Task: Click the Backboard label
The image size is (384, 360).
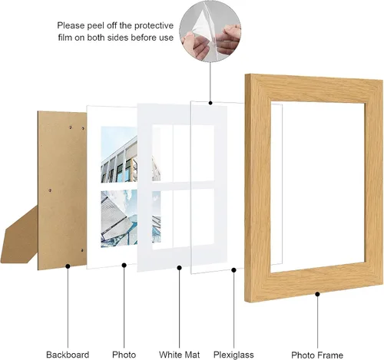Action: tap(68, 355)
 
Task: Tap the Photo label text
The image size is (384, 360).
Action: tap(124, 355)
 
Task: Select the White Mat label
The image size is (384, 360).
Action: tap(179, 355)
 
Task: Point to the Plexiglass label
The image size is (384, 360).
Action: tap(233, 355)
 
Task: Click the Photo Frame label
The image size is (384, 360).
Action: tap(317, 355)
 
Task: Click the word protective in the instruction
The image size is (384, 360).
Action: tap(154, 25)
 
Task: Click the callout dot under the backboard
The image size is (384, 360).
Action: tap(68, 266)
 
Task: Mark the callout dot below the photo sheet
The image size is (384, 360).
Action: tap(124, 266)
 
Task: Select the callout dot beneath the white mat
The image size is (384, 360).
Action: tap(179, 268)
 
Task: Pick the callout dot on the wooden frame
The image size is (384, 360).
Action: tap(317, 294)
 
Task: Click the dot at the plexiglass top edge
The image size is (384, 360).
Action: tap(210, 103)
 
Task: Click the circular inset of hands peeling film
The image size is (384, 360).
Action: tap(210, 31)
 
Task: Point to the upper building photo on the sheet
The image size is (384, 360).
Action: tap(119, 155)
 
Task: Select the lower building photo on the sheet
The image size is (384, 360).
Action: tap(119, 219)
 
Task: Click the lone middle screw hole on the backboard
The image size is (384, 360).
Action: tap(50, 190)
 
